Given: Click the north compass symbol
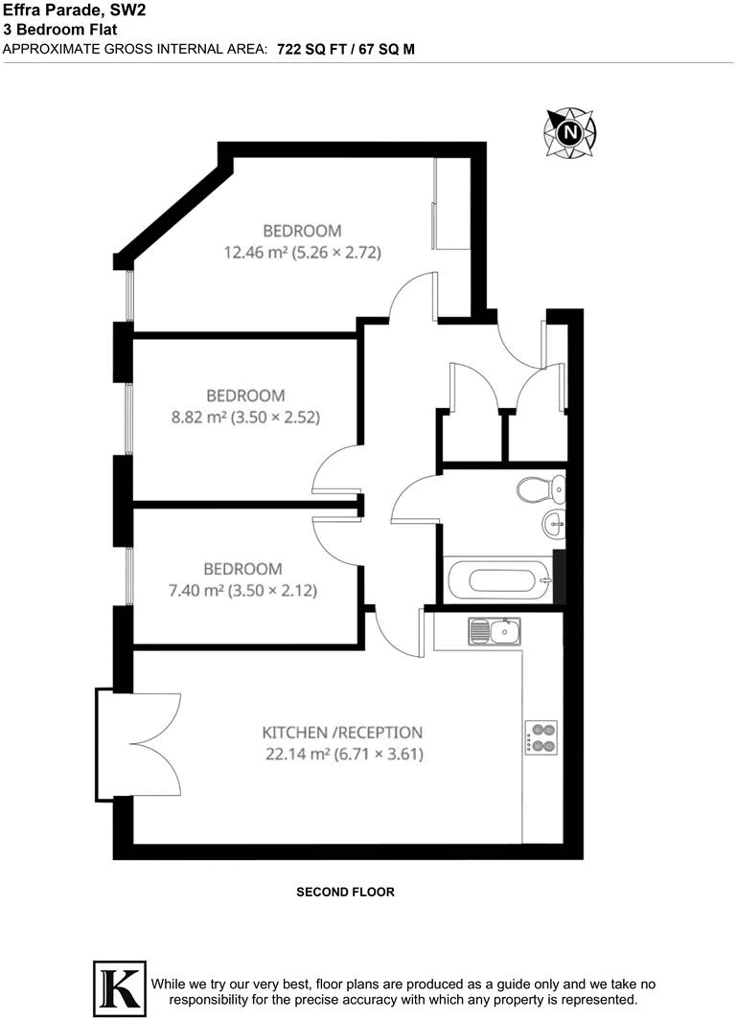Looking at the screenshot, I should coord(570,132).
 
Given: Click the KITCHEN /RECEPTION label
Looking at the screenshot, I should coord(342,733).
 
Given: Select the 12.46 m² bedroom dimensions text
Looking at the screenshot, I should coord(302,253).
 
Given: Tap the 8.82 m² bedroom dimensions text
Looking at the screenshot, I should coord(245,417).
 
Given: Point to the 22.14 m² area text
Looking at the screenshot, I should coord(343,754).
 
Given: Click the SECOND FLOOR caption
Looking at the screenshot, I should coord(345,892).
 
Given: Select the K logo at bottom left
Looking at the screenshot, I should coord(119,987).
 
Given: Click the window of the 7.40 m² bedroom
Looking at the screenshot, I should coord(129,575).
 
